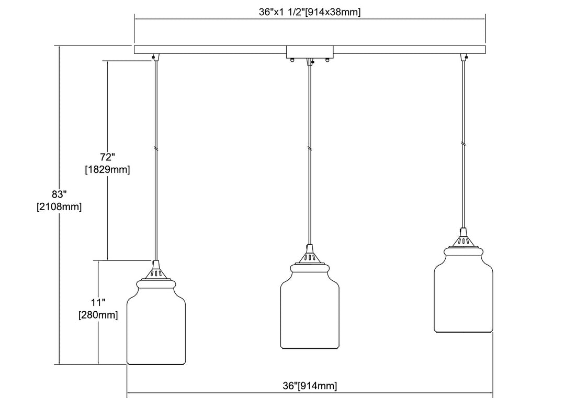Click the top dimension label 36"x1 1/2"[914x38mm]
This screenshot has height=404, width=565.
310,12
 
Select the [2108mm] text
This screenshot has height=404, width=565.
60,207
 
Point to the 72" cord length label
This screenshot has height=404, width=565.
107,157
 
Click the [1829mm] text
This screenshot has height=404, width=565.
107,169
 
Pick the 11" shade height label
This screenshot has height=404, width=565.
98,302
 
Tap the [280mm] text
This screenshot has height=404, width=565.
98,315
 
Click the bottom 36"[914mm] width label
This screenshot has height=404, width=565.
310,386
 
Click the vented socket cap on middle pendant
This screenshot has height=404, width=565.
309,257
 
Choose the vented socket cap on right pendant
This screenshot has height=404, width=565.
463,241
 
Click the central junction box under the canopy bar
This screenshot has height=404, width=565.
310,52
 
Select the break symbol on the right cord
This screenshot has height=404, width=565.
463,143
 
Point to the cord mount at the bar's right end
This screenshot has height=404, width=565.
462,57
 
